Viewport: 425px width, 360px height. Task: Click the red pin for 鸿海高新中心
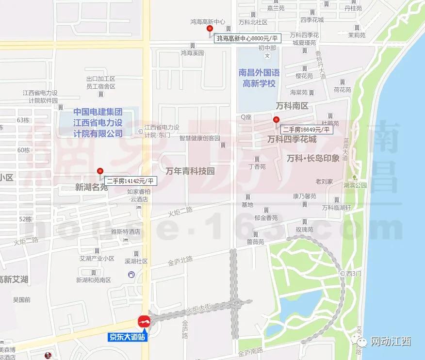(x=210, y=29)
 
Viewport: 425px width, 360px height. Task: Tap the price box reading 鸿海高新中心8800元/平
(x=247, y=38)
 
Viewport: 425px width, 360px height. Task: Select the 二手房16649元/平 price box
(x=306, y=130)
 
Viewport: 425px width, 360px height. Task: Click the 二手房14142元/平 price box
(x=130, y=181)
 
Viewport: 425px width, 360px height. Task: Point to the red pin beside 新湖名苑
(x=100, y=171)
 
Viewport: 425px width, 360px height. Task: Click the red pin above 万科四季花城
(x=276, y=119)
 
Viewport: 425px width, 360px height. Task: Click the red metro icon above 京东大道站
(x=144, y=321)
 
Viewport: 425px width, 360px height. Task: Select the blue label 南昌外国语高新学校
(x=259, y=78)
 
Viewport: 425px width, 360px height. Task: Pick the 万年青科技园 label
(x=190, y=171)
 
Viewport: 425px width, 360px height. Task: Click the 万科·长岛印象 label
(x=313, y=158)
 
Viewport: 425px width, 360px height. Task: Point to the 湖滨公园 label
(x=355, y=185)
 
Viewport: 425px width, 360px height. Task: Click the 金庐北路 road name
(x=180, y=262)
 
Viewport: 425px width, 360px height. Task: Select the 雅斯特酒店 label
(x=125, y=232)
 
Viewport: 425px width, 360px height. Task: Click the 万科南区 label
(x=292, y=106)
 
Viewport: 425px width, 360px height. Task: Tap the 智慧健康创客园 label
(x=199, y=138)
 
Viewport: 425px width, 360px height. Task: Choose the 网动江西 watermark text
(x=391, y=342)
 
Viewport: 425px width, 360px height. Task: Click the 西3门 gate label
(x=354, y=274)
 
